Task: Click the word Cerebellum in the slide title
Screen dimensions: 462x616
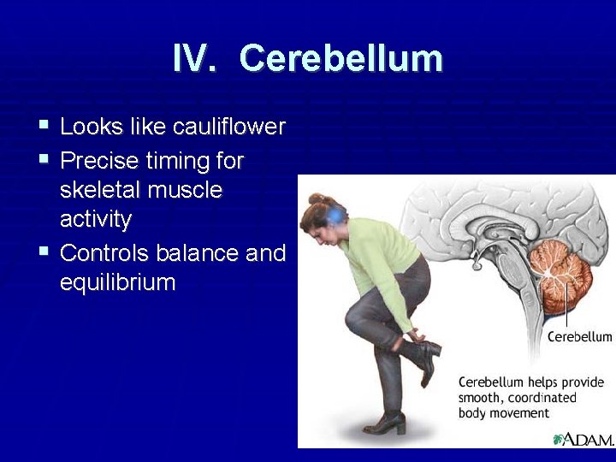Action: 341,59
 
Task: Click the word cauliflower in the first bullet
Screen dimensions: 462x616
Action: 229,127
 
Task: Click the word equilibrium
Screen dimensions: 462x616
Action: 117,282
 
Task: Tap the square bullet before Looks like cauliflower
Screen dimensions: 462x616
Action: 44,127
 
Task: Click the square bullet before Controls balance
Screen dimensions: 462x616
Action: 44,252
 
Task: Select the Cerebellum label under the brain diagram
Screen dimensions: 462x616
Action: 579,336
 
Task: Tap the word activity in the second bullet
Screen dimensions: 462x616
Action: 96,221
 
